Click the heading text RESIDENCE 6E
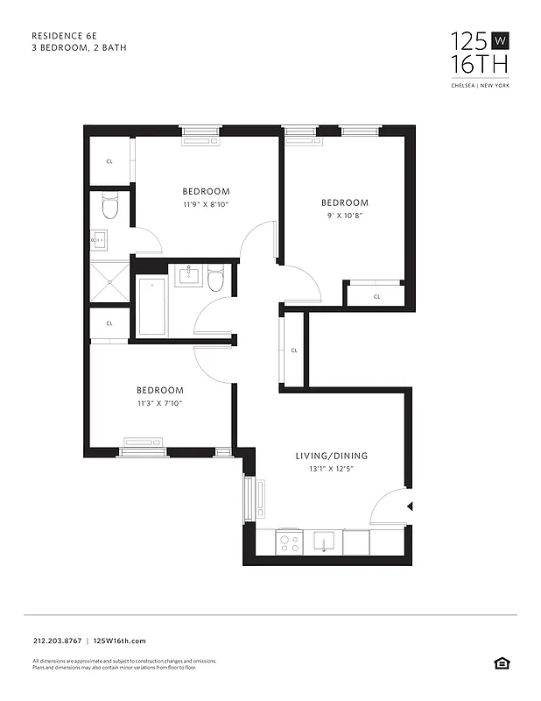click(x=66, y=35)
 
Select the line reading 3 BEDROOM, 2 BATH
click(x=79, y=47)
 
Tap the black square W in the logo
click(x=500, y=40)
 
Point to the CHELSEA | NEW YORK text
click(x=479, y=85)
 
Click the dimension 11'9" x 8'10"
click(x=206, y=204)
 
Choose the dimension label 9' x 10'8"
click(x=344, y=215)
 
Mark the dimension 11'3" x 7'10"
click(x=159, y=403)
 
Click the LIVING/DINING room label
click(x=331, y=456)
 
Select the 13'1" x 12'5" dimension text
click(x=331, y=469)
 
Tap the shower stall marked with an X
click(x=109, y=281)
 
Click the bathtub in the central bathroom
click(x=152, y=307)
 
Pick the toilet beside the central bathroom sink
click(x=215, y=280)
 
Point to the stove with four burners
click(x=289, y=542)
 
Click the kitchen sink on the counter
click(x=324, y=542)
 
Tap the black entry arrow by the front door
click(x=411, y=506)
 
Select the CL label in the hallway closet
click(x=294, y=350)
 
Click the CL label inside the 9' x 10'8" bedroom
click(x=376, y=297)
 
